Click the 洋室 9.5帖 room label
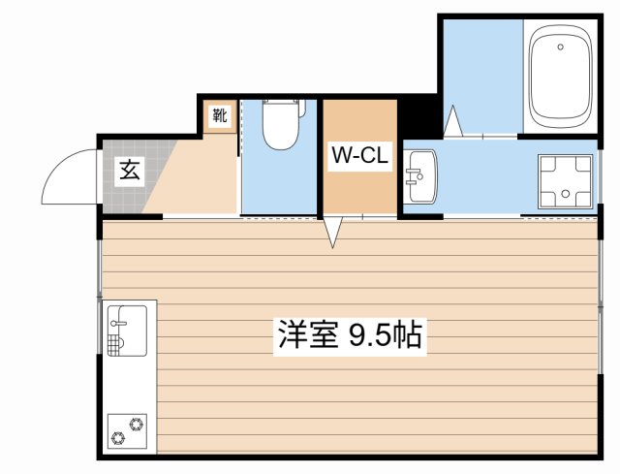(x=350, y=336)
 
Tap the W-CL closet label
(x=359, y=155)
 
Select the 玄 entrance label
(x=130, y=171)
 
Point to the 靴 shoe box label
(x=220, y=115)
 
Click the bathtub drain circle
(x=560, y=47)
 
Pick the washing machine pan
(x=565, y=181)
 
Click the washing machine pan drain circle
(x=566, y=194)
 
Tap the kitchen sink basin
(x=127, y=331)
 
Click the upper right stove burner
(x=137, y=425)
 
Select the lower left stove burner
(x=118, y=438)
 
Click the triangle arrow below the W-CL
(x=333, y=233)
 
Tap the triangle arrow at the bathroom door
(x=453, y=121)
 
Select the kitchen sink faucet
(x=119, y=323)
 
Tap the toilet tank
(x=284, y=106)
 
